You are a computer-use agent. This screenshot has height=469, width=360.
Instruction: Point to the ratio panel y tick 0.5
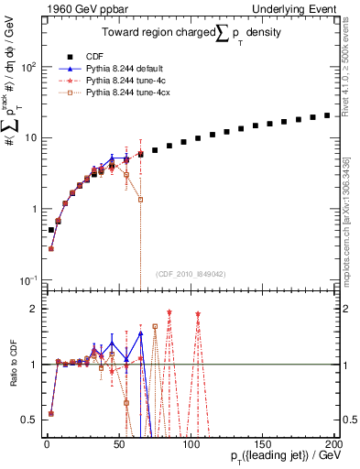tap(32, 420)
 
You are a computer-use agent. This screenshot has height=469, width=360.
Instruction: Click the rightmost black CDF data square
tap(327, 115)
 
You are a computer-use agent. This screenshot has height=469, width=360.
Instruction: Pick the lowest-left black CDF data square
tap(51, 230)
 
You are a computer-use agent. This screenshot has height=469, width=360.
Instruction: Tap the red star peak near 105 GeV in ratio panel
tap(197, 314)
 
